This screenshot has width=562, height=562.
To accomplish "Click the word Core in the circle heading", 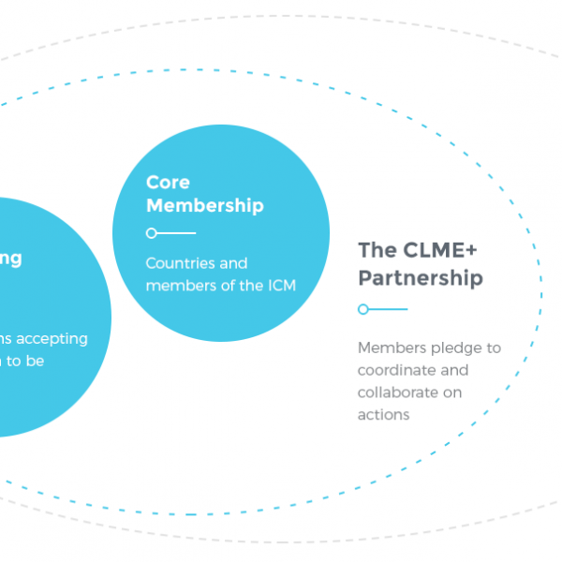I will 168,183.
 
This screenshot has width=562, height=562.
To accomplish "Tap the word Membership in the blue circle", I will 205,205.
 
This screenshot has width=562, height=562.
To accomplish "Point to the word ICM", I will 278,286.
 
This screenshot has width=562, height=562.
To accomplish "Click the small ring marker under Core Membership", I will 151,233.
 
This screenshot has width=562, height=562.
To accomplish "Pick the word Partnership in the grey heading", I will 421,278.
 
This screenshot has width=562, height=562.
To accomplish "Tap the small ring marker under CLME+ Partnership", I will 362,309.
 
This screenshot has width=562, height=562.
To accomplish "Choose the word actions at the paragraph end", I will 384,414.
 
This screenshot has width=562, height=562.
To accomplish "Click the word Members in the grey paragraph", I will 391,348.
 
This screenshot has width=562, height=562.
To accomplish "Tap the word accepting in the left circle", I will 54,339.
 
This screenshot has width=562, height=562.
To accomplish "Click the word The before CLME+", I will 377,250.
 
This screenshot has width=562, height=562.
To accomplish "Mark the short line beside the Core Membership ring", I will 176,233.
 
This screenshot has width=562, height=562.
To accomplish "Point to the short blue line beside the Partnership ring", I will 388,309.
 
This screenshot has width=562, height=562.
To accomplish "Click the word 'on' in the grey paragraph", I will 452,392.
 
